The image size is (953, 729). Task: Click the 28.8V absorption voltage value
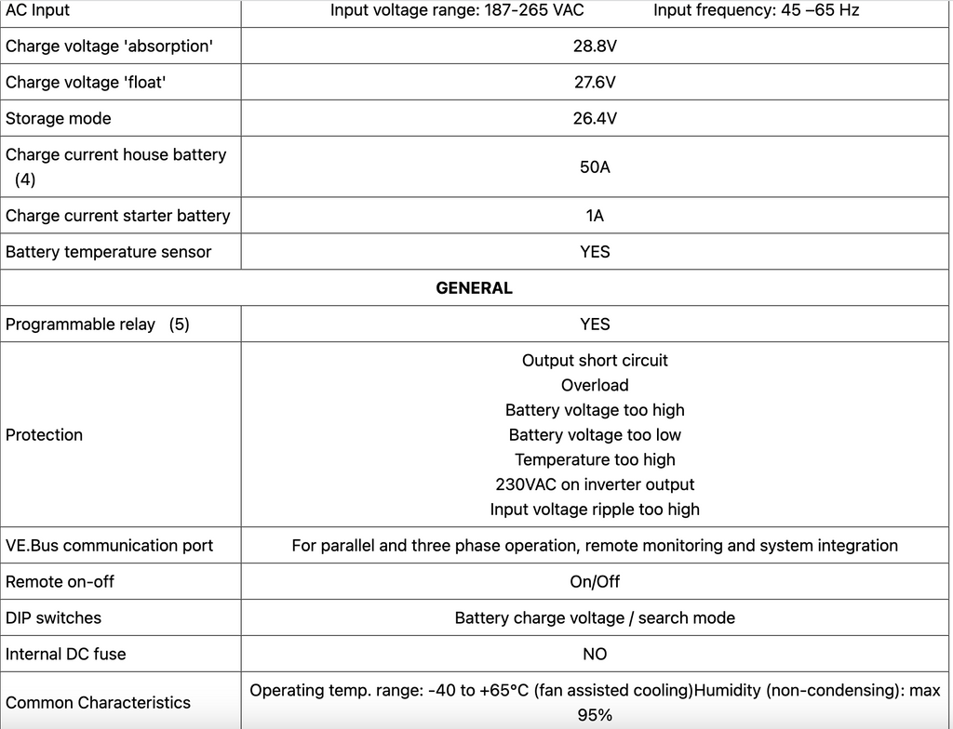pos(595,46)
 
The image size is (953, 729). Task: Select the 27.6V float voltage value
pos(595,82)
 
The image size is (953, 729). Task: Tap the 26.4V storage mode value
pos(595,118)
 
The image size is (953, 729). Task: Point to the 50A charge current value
pos(595,166)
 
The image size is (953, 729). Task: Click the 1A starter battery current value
pos(595,216)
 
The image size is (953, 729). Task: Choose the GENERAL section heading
pos(474,288)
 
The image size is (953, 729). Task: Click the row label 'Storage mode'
pos(59,118)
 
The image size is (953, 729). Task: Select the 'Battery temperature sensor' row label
pos(108,252)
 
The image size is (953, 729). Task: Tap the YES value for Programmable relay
pos(595,324)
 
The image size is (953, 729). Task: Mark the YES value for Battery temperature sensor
pos(595,252)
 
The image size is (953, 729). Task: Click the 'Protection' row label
pos(44,434)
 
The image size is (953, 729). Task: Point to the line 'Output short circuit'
pos(595,360)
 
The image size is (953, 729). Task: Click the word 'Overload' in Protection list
pos(595,385)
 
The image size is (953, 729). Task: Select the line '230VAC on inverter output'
pos(595,484)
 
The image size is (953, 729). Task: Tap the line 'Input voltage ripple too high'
pos(595,510)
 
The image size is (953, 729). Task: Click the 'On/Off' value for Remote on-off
pos(595,581)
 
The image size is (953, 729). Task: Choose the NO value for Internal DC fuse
pos(595,654)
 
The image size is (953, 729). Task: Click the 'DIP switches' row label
pos(53,617)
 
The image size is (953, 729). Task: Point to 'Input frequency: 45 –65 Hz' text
pos(756,10)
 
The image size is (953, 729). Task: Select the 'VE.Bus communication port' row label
pos(109,546)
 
